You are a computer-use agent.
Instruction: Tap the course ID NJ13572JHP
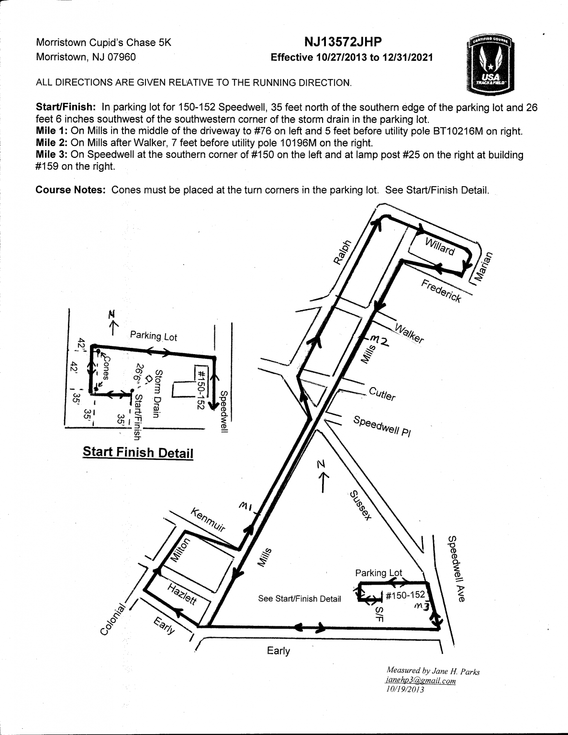[x=343, y=42]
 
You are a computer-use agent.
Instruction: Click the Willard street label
[x=440, y=246]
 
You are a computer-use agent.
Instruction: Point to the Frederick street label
[x=441, y=291]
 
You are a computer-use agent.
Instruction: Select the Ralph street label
[x=343, y=252]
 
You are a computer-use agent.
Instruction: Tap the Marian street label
[x=483, y=267]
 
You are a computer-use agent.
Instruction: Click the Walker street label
[x=409, y=333]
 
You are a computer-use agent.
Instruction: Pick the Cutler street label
[x=382, y=394]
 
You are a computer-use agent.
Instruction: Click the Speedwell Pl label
[x=382, y=426]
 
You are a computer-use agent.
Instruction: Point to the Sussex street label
[x=361, y=505]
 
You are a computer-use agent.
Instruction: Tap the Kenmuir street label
[x=208, y=520]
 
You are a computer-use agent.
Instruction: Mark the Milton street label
[x=180, y=550]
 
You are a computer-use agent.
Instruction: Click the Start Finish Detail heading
[x=138, y=452]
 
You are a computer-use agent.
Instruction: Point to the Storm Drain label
[x=157, y=393]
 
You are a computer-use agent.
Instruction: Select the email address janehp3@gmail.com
[x=421, y=680]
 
